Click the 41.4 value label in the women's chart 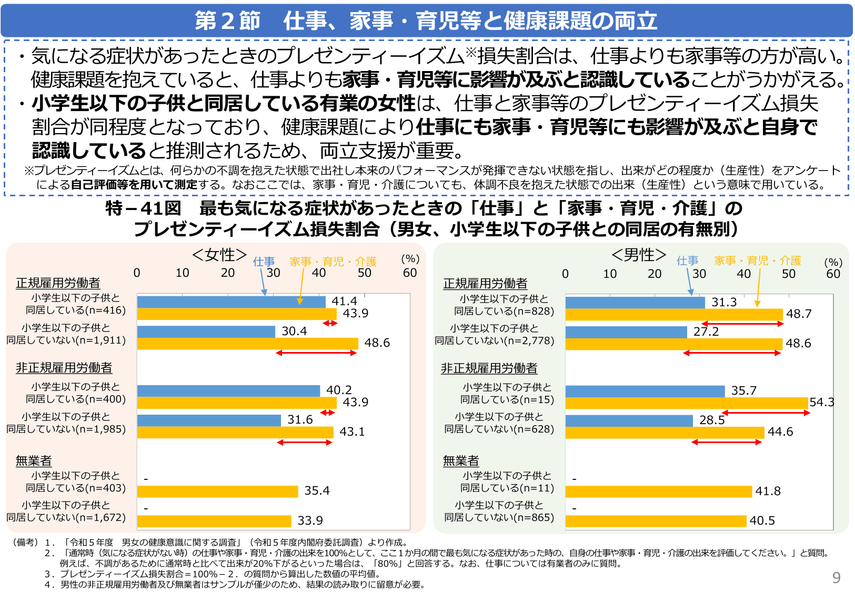344,302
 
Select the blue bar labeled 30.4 206,332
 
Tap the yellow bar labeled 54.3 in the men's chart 686,403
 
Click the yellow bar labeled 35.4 217,491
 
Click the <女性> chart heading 219,255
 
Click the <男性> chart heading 639,255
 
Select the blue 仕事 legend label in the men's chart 687,261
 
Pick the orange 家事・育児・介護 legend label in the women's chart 333,262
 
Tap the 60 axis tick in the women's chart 409,273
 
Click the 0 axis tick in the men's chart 565,274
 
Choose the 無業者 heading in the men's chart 460,461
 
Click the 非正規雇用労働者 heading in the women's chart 64,368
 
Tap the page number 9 836,578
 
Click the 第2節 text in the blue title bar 227,21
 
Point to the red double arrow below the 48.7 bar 742,324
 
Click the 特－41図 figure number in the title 143,208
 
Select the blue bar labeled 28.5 629,421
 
